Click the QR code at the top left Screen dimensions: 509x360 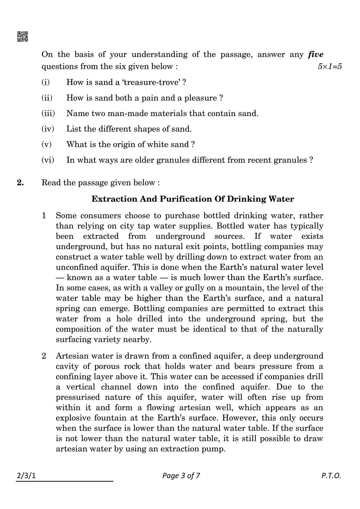(22, 37)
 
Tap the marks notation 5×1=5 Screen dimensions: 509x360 (329, 67)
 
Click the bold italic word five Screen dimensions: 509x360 (316, 54)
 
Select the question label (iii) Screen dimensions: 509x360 (48, 113)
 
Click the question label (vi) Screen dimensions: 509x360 (47, 160)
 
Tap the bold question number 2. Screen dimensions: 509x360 (20, 183)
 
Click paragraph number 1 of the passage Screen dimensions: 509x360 (44, 216)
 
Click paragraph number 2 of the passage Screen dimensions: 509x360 (44, 356)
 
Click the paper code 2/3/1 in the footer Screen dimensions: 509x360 (26, 476)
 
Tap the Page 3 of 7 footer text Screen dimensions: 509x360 (181, 476)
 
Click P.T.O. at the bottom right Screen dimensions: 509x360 (331, 476)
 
